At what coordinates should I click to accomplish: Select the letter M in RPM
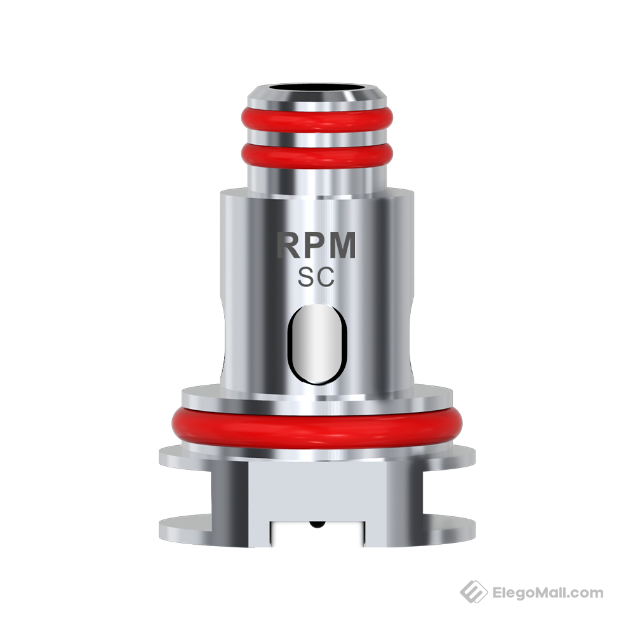click(x=344, y=246)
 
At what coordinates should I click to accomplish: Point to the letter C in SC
click(x=326, y=277)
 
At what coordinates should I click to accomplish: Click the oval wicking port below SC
click(x=317, y=344)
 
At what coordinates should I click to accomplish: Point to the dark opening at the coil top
click(x=317, y=86)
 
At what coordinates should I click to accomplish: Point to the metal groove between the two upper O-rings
click(x=317, y=135)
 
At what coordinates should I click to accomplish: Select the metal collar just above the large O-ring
click(x=317, y=397)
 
